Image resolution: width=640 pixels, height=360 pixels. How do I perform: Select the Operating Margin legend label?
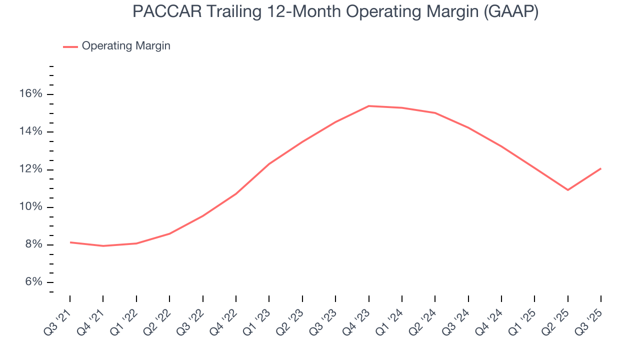126,46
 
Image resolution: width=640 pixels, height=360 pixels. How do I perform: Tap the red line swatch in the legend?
70,46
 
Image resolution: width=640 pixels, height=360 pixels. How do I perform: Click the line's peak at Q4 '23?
368,106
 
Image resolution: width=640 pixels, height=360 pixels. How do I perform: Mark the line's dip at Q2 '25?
567,190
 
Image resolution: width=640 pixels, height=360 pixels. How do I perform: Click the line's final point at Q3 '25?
600,168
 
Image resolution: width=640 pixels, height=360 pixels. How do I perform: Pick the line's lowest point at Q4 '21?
103,246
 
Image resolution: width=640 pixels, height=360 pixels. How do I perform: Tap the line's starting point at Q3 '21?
70,242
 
